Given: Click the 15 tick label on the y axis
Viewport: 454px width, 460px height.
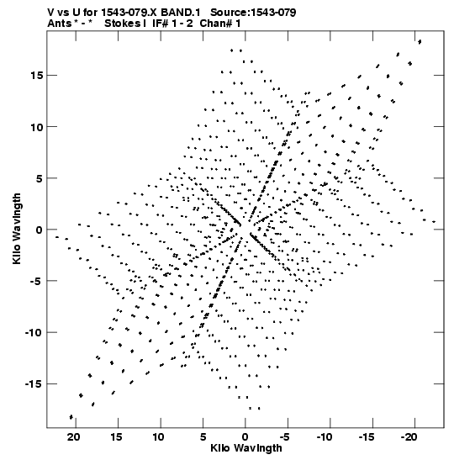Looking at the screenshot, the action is tap(36, 76).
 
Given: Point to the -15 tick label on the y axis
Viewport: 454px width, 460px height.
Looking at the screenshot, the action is tap(34, 384).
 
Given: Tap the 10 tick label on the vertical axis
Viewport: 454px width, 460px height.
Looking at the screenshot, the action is tap(36, 127).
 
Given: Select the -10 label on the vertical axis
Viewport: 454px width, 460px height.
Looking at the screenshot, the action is tap(34, 333).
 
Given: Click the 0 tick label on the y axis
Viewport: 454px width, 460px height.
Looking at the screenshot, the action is tap(40, 230).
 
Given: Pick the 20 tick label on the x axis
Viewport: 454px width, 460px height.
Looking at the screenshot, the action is tap(73, 437).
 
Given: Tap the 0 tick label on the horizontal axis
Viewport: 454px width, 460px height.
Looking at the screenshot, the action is tap(245, 437).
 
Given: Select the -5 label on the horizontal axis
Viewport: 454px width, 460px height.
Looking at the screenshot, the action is tap(284, 437).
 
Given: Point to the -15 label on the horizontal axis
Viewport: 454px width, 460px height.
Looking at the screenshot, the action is tap(366, 437).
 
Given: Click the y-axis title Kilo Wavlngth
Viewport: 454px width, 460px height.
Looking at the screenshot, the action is tap(17, 229).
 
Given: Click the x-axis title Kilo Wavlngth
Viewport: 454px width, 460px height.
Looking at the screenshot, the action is tap(246, 448).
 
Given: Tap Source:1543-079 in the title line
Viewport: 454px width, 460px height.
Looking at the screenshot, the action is tap(253, 13).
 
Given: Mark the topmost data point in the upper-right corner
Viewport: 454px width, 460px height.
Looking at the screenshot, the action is tap(420, 42).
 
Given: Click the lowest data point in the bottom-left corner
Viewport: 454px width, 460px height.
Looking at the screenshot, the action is tap(71, 417).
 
